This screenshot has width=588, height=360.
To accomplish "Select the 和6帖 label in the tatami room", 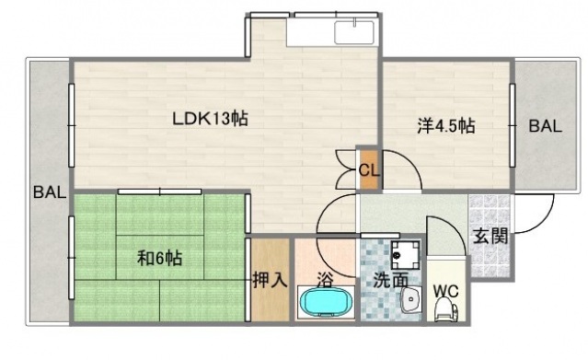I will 159,258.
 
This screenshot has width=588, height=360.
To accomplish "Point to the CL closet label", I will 368,169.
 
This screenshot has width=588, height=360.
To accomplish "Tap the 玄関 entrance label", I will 490,236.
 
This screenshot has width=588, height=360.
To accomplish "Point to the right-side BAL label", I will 545,128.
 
